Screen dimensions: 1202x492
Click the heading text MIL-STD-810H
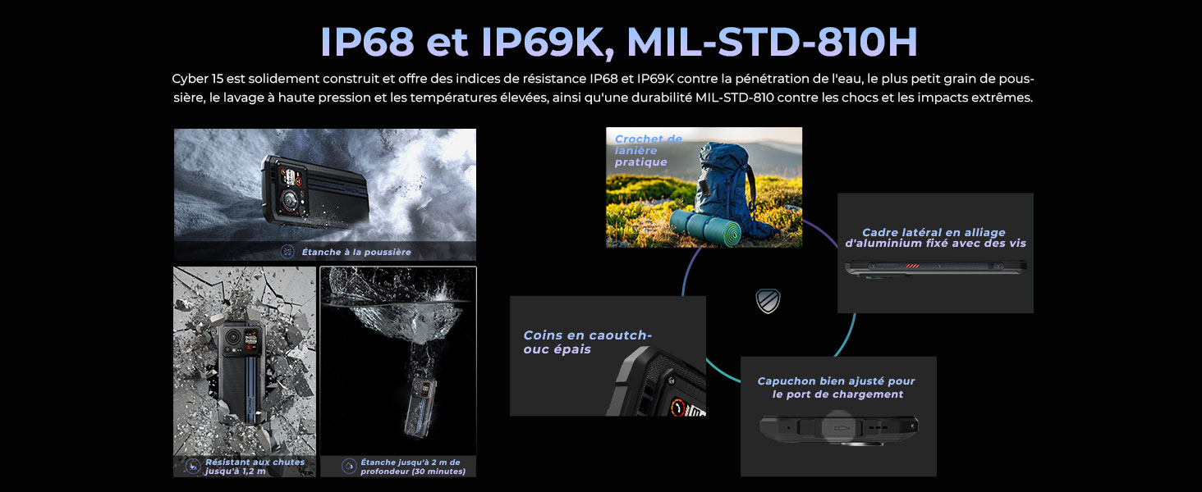[772, 42]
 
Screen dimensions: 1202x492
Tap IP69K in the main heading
[543, 43]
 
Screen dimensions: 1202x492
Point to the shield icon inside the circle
[768, 301]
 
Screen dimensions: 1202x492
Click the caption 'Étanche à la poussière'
[356, 252]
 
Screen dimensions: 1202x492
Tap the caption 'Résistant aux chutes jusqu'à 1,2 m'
[255, 467]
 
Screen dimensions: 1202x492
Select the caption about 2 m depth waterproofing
[413, 467]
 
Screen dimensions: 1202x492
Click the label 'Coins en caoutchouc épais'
[587, 342]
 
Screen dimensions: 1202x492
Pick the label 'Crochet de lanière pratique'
[649, 150]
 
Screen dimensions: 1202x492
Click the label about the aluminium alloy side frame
[935, 238]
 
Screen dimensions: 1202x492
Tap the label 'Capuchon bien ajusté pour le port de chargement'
[836, 388]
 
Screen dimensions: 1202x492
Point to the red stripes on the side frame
[912, 266]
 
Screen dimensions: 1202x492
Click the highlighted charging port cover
[838, 427]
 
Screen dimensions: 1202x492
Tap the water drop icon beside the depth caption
[349, 466]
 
